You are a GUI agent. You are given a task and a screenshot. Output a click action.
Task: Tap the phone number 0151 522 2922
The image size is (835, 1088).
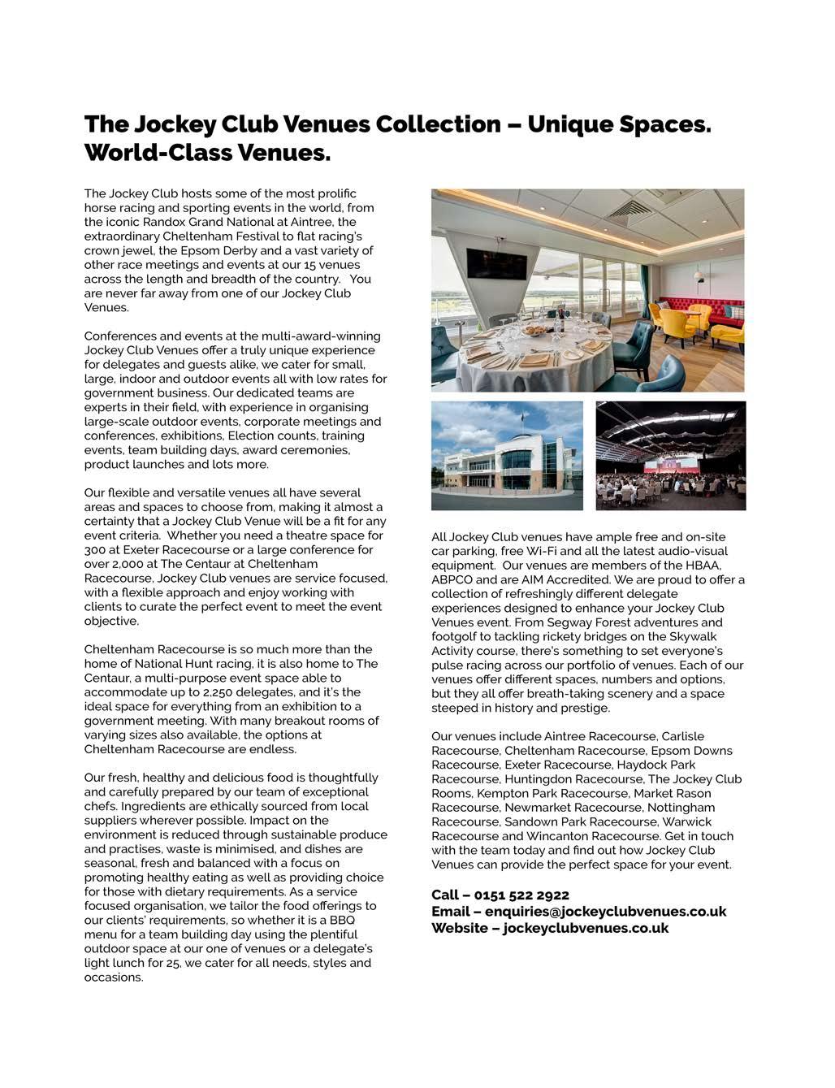point(521,895)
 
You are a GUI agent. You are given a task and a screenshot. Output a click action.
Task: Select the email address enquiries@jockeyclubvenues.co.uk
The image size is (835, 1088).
point(605,912)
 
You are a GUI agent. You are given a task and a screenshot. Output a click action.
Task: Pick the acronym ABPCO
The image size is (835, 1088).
point(452,580)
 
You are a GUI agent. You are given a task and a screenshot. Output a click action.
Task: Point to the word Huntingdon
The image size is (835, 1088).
point(539,779)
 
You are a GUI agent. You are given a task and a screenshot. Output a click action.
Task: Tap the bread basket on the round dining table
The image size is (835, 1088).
point(536,330)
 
